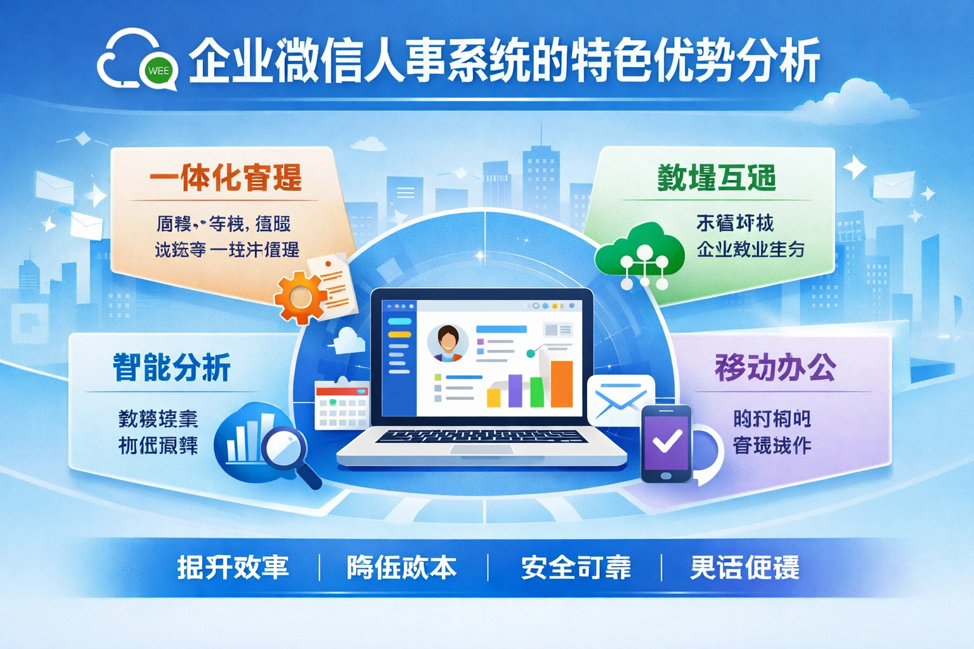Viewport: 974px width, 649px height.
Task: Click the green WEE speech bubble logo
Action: [x=159, y=71]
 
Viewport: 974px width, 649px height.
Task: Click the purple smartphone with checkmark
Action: [x=666, y=443]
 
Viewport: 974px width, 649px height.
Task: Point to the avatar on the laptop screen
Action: [x=448, y=342]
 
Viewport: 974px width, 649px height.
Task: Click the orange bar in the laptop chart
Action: [x=561, y=383]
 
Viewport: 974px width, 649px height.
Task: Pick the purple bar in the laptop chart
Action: [x=515, y=390]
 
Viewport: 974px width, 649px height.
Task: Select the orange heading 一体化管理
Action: [x=226, y=178]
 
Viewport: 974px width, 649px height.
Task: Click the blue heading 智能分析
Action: [x=172, y=368]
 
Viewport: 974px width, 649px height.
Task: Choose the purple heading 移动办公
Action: [x=776, y=368]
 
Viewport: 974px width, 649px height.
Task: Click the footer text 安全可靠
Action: [x=576, y=567]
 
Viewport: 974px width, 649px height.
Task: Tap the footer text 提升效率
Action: [x=233, y=567]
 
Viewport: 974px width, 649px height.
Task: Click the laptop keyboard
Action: [x=481, y=437]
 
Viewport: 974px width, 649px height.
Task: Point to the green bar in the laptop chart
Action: [x=536, y=392]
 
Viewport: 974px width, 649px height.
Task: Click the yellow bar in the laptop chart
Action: [x=493, y=397]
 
